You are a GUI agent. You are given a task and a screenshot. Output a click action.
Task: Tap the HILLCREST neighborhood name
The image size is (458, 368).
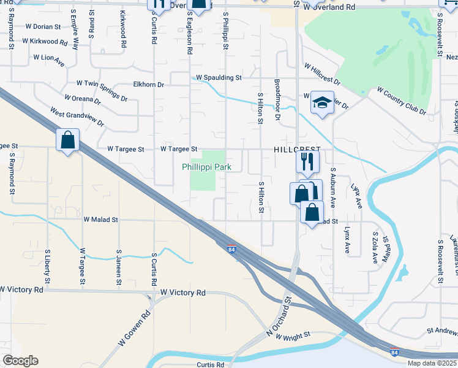296,149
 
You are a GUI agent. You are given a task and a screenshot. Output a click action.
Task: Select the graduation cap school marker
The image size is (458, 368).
321,104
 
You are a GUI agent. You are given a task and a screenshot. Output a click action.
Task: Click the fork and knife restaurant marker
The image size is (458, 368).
307,161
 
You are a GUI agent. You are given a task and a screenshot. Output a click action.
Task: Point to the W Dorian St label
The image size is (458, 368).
43,27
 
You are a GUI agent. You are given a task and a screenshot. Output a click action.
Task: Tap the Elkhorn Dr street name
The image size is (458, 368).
149,85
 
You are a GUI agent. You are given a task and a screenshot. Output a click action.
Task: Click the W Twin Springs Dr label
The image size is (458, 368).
102,90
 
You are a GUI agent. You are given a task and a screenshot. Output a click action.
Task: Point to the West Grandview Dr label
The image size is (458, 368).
78,118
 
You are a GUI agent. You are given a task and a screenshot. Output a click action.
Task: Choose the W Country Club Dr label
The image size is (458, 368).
401,101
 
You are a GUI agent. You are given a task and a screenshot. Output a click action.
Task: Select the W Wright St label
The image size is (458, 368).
291,335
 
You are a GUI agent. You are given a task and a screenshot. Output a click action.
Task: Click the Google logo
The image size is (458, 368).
20,361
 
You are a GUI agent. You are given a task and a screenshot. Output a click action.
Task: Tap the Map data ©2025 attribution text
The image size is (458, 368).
432,363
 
